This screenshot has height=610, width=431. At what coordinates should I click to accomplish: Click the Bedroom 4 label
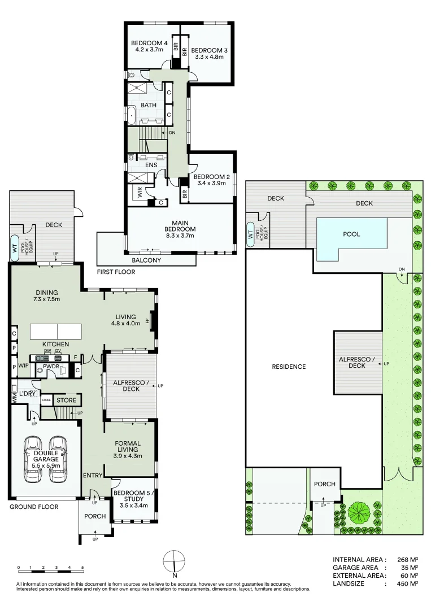click(x=150, y=43)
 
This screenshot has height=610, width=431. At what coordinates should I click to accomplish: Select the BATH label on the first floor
click(x=149, y=106)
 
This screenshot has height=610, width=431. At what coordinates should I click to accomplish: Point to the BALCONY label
click(x=146, y=260)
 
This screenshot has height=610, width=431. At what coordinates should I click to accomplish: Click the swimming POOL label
click(x=351, y=234)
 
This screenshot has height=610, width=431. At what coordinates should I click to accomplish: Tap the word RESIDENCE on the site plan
click(x=289, y=367)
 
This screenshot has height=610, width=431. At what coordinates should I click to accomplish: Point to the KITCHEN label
click(x=55, y=344)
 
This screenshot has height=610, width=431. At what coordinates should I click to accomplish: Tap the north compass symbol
click(x=175, y=562)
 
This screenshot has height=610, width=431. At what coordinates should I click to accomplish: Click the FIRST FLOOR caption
click(x=116, y=272)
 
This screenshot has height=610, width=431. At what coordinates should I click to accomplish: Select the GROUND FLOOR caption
click(x=34, y=507)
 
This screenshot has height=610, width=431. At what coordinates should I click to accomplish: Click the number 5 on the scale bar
click(x=82, y=567)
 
